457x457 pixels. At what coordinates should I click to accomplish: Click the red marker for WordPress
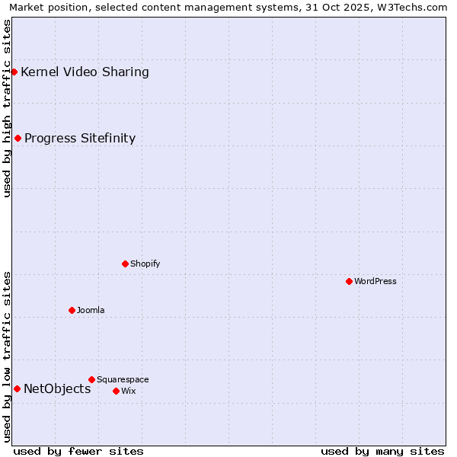pyautogui.click(x=349, y=281)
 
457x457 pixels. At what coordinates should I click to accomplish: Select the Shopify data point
pyautogui.click(x=125, y=264)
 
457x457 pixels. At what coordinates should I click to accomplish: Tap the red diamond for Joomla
pyautogui.click(x=72, y=310)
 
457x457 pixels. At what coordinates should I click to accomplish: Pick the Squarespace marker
pyautogui.click(x=91, y=379)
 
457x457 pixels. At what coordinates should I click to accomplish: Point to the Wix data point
pyautogui.click(x=116, y=391)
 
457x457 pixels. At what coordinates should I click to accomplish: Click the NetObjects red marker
pyautogui.click(x=17, y=388)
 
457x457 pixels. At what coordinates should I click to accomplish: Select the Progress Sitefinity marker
pyautogui.click(x=18, y=138)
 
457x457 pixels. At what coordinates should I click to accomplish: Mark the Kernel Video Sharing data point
pyautogui.click(x=14, y=72)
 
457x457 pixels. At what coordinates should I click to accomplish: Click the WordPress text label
pyautogui.click(x=376, y=281)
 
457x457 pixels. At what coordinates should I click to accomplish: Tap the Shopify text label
pyautogui.click(x=145, y=264)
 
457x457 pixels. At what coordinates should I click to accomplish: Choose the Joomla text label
pyautogui.click(x=91, y=310)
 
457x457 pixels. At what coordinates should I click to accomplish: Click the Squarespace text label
pyautogui.click(x=123, y=379)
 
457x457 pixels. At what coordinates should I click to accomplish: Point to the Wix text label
pyautogui.click(x=128, y=391)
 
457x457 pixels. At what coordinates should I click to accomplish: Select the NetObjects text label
pyautogui.click(x=57, y=388)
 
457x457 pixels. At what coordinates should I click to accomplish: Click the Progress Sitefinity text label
pyautogui.click(x=80, y=138)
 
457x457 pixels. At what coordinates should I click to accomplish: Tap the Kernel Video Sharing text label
pyautogui.click(x=85, y=72)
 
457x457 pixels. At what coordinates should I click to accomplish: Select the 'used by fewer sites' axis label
pyautogui.click(x=78, y=451)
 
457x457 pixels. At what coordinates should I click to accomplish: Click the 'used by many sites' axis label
pyautogui.click(x=382, y=451)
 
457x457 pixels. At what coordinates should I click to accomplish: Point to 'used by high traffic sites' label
pyautogui.click(x=8, y=108)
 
